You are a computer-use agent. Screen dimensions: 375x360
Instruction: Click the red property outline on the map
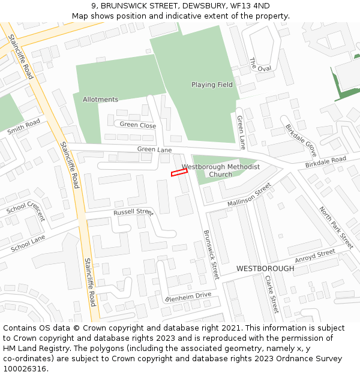(179, 172)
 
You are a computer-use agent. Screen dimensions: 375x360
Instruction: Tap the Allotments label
(100, 100)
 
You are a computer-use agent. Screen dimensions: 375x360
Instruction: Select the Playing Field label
(212, 85)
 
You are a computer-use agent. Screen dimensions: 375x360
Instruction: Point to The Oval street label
(260, 65)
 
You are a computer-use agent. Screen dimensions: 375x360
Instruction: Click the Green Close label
(138, 125)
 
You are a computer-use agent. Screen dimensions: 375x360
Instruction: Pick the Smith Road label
(23, 127)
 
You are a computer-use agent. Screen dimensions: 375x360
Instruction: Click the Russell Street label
(133, 212)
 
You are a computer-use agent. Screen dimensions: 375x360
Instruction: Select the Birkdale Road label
(326, 162)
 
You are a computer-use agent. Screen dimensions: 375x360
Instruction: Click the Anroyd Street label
(315, 255)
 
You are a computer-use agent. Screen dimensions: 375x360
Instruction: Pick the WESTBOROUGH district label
(265, 269)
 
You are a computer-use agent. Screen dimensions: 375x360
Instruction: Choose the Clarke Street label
(272, 294)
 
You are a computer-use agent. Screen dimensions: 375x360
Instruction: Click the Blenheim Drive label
(188, 295)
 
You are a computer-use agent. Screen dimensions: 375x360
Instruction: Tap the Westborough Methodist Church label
(221, 170)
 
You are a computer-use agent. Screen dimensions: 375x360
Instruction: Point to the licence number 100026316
(25, 368)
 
